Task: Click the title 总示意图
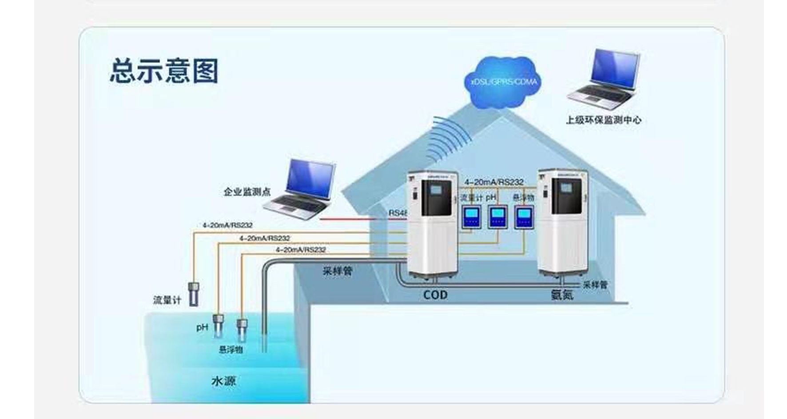pos(164,71)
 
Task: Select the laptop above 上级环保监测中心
pos(604,80)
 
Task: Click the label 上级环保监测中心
pos(603,120)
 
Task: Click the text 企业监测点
pos(247,192)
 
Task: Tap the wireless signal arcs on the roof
pos(446,138)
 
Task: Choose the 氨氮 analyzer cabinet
pos(562,222)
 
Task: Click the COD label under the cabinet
pos(435,295)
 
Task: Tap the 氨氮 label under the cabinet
pos(562,295)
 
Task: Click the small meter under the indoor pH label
pos(497,217)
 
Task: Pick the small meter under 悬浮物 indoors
pos(524,217)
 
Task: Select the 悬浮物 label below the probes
pos(231,350)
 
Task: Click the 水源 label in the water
pos(223,381)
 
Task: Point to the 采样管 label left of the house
pos(338,271)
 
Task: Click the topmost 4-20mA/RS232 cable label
pos(227,225)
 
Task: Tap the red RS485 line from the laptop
pos(351,219)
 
